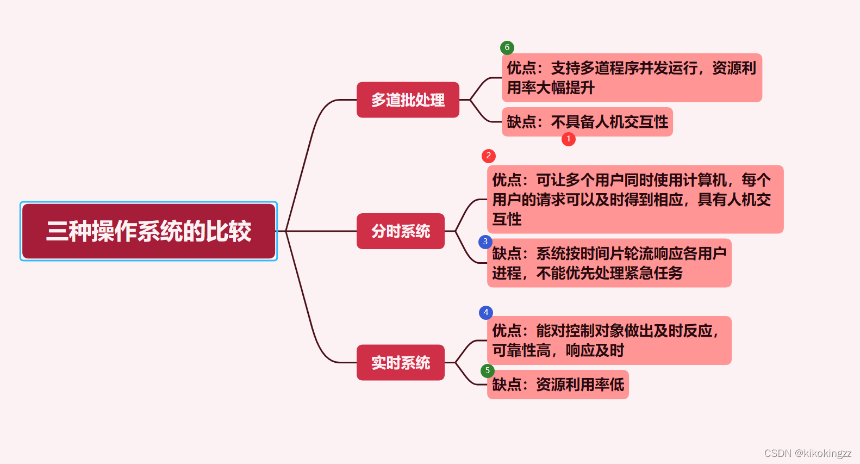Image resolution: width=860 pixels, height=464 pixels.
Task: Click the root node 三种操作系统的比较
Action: [x=148, y=231]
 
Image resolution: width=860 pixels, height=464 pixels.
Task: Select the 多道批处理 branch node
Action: [x=408, y=100]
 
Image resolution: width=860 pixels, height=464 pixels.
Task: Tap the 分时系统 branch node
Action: [x=401, y=231]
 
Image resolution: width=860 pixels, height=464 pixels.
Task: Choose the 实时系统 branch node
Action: [x=401, y=362]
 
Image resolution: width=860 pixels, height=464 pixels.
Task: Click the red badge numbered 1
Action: [x=568, y=139]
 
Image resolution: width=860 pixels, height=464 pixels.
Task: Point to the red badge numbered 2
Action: [x=488, y=156]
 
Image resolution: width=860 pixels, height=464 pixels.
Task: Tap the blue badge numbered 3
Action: [x=485, y=242]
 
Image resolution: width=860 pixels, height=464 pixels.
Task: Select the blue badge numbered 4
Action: [x=485, y=312]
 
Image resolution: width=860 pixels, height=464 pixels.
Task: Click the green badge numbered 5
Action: [x=487, y=370]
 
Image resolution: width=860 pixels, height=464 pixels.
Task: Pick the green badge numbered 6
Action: [x=507, y=47]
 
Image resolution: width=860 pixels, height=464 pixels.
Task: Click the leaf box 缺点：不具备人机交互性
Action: [x=587, y=122]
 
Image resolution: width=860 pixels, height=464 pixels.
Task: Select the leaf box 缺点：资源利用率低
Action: [x=558, y=385]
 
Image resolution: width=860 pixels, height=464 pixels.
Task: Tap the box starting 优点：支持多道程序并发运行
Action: [x=632, y=78]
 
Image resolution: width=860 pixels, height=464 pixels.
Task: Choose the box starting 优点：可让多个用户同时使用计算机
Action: [x=635, y=199]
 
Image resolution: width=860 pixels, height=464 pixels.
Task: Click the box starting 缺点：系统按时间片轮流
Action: [x=609, y=263]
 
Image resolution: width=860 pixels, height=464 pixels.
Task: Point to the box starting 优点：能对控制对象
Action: [x=609, y=341]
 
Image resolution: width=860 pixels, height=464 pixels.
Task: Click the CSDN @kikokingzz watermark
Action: [x=807, y=453]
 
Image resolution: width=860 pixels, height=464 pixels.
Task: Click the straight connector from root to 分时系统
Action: [x=321, y=231]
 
